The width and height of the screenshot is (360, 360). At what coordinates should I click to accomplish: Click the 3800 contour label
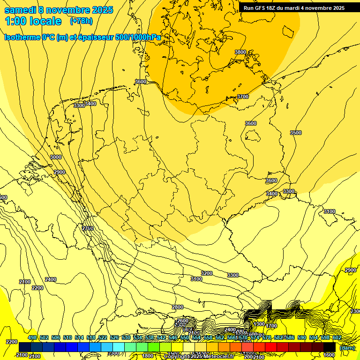click(x=240, y=52)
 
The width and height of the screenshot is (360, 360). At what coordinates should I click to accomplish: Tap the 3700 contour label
click(x=243, y=97)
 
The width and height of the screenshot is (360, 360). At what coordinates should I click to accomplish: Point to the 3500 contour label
click(x=296, y=133)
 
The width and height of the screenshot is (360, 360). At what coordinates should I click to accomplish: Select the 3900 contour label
click(x=289, y=191)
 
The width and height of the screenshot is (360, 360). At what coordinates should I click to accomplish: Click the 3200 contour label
click(x=207, y=273)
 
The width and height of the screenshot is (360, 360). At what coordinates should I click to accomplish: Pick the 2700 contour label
click(x=88, y=228)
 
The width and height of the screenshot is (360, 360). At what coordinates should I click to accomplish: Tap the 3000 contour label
click(x=56, y=157)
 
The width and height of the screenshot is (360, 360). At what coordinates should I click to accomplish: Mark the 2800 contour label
click(x=178, y=307)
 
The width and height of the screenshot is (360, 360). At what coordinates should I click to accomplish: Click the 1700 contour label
click(x=271, y=326)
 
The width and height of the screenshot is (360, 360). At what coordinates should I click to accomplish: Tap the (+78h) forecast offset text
click(x=81, y=21)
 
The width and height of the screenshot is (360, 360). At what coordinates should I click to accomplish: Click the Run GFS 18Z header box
click(x=294, y=7)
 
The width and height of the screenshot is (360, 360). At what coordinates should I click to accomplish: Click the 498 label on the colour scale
click(x=32, y=337)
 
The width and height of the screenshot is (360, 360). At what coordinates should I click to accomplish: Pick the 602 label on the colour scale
click(x=337, y=337)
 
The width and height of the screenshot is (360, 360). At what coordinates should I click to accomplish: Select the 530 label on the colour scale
click(x=126, y=337)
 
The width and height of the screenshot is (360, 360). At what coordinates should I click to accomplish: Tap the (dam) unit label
click(x=347, y=348)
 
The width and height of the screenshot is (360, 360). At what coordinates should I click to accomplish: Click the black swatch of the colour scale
click(x=330, y=347)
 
